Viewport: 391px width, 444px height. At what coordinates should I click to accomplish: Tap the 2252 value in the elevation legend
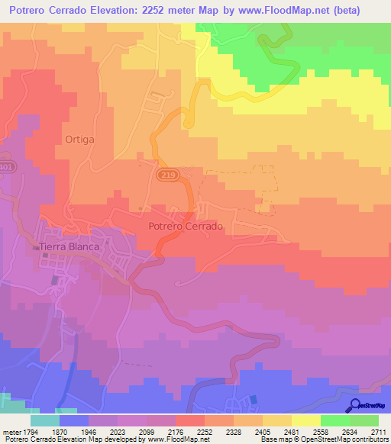tap(204, 430)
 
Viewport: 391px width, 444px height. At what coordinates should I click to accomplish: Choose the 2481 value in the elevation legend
tap(291, 430)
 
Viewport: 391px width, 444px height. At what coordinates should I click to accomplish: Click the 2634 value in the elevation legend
tap(349, 430)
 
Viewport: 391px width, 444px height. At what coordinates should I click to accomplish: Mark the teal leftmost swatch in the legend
tap(45, 420)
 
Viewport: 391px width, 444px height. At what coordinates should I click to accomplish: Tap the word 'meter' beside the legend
tap(10, 430)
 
